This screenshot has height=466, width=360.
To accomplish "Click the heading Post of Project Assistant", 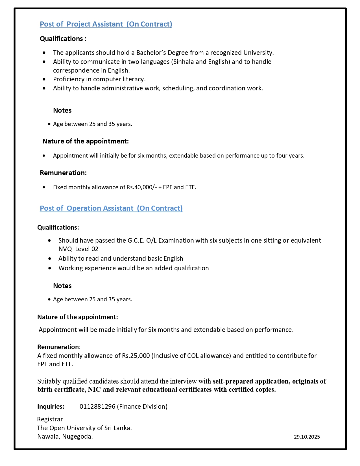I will (106, 24).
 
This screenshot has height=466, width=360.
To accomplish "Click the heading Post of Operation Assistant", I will (111, 208).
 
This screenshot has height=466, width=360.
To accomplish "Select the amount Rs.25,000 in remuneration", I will (136, 356).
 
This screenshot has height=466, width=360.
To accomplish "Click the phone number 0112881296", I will (97, 406).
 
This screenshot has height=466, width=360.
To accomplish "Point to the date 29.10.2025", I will (307, 437).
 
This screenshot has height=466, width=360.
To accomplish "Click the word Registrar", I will (50, 419).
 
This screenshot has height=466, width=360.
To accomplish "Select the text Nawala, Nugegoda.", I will (65, 436).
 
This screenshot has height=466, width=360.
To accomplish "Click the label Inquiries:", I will (51, 406).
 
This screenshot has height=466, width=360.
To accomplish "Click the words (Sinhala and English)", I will (200, 62).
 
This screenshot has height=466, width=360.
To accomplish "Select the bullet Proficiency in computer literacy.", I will (99, 79).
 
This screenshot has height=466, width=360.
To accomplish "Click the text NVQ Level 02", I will (78, 249).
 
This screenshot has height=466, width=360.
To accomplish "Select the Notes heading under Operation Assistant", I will (62, 286).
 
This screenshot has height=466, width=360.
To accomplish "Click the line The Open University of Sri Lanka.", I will (84, 428).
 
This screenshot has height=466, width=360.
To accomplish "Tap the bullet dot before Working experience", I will (50, 268).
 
